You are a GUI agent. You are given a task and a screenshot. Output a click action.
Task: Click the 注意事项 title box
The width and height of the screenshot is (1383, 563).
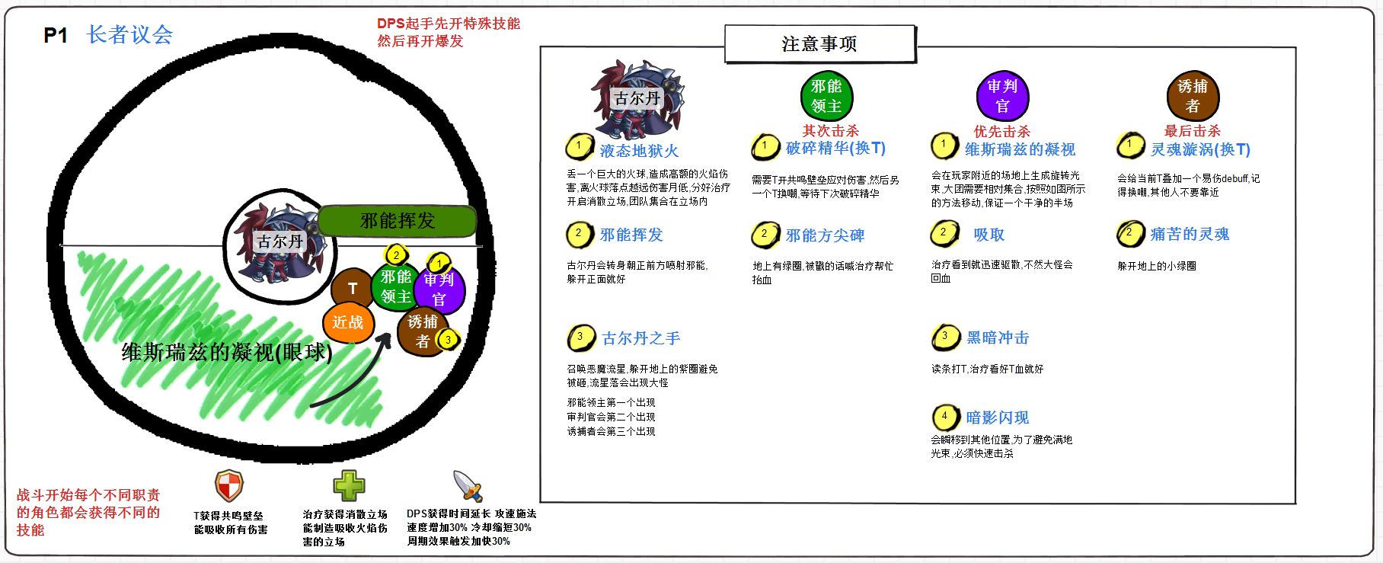tap(819, 44)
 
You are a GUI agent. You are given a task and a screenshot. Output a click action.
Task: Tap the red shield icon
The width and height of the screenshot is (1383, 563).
tap(229, 485)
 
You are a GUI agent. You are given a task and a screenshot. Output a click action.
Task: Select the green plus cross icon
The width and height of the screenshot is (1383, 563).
tap(349, 485)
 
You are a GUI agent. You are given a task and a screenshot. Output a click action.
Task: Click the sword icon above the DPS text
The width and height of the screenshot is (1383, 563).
tap(468, 486)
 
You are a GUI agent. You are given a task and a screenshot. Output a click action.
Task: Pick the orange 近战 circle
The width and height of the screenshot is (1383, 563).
tap(347, 322)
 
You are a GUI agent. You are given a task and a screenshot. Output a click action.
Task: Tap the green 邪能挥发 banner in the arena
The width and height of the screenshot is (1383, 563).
tap(397, 221)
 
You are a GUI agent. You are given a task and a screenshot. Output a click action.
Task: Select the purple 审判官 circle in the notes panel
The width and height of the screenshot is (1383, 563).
tap(1002, 97)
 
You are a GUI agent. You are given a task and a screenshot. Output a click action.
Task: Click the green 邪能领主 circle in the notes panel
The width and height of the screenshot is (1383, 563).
tap(826, 97)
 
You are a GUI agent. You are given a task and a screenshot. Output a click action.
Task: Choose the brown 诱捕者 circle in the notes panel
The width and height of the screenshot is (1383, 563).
tap(1193, 97)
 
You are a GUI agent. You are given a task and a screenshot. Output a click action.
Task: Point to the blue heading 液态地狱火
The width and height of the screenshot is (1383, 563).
tap(639, 151)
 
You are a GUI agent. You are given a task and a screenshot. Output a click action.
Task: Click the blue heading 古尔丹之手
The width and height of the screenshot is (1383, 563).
tap(640, 338)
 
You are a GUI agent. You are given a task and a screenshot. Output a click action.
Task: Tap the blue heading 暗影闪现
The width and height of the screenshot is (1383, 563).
tap(997, 417)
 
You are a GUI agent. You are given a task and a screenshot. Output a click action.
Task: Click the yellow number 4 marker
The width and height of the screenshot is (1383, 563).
tap(945, 417)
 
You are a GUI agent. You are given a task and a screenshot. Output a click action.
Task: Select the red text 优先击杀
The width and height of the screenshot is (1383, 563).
tap(1001, 132)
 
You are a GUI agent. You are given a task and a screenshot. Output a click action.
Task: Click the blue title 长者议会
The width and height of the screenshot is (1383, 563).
tap(129, 34)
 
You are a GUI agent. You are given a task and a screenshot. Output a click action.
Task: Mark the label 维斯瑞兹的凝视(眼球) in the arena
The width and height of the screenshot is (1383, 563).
tap(227, 352)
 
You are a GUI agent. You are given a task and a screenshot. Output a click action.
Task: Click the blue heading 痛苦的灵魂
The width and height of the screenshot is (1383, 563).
tap(1190, 235)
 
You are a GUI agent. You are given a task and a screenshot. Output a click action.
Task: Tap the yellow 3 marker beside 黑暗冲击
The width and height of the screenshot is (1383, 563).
tap(945, 337)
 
